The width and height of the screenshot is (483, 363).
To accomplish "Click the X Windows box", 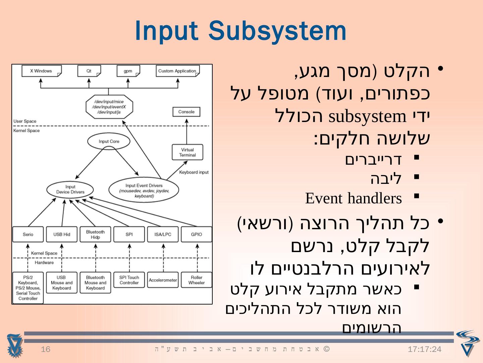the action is [x=41, y=71].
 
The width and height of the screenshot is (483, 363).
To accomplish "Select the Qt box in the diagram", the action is [x=89, y=71].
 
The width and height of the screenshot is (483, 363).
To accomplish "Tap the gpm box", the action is [x=128, y=71].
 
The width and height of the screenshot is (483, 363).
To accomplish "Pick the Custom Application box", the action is [x=177, y=71].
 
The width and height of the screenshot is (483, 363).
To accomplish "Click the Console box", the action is [x=186, y=112].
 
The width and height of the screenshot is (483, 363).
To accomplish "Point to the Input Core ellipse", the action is [x=109, y=142].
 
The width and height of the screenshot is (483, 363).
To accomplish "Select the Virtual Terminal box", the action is [x=187, y=152].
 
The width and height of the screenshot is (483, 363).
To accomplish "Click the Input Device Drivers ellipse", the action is [x=70, y=190].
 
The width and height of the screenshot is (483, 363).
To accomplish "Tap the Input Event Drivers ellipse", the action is [x=144, y=190].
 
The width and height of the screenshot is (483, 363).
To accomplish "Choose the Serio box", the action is [x=28, y=234].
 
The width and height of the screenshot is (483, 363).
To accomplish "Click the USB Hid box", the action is [x=62, y=234].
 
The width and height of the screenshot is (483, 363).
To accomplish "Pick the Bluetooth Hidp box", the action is [x=95, y=234].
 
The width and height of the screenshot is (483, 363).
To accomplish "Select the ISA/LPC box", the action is [x=163, y=234].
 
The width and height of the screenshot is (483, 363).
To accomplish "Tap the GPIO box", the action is [x=197, y=234].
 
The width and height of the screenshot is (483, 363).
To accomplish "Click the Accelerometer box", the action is [x=163, y=280].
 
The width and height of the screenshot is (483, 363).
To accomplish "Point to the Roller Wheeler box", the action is [x=197, y=280].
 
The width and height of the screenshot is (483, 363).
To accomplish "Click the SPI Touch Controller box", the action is [x=129, y=280].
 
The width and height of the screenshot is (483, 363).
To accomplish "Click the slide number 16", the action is [x=46, y=350].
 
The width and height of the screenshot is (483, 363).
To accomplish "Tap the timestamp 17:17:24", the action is [x=425, y=350].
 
